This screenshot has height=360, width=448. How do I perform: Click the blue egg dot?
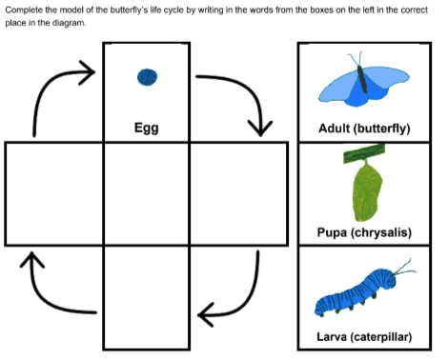coord(147,77)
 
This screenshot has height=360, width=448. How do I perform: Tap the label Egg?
coord(147,128)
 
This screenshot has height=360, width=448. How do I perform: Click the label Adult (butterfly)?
coord(364,129)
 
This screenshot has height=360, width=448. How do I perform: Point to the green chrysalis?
coord(367,190)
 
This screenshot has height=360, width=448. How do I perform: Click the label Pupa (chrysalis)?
coord(364,232)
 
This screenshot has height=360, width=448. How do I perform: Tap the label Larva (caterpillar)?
coord(364,336)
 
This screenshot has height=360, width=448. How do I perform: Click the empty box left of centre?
coord(54,193)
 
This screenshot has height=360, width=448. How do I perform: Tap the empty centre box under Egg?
coord(147,193)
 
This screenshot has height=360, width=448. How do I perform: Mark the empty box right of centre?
coord(239,193)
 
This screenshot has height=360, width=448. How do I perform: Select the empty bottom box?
coord(147,297)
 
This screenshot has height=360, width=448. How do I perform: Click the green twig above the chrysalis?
coord(364,153)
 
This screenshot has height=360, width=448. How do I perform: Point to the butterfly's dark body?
coord(362,79)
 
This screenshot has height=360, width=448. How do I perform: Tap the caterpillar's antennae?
coord(404,268)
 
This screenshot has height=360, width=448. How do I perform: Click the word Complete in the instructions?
coord(24,10)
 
